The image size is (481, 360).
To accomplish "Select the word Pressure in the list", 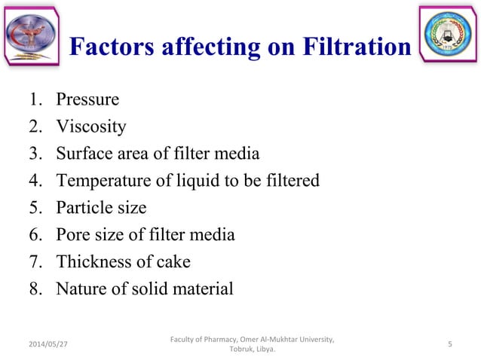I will [x=87, y=99].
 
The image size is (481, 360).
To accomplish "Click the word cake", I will [x=173, y=262].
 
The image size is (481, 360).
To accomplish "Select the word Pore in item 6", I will [x=72, y=235].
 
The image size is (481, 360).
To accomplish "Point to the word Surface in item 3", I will [x=84, y=154].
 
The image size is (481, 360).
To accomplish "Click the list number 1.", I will [x=36, y=99].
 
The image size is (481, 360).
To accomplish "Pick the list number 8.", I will [x=36, y=289].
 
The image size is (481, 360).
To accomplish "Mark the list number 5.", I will [x=36, y=208].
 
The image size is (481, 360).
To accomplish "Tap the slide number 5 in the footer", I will [x=449, y=344].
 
